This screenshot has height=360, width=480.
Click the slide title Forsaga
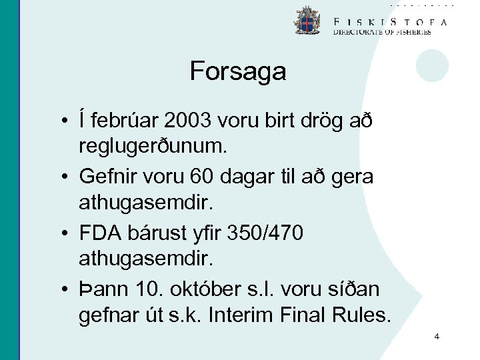[x=237, y=71]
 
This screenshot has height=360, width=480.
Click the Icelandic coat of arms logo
[x=307, y=21]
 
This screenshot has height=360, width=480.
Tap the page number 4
[x=437, y=337]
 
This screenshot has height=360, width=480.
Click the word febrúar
[x=127, y=121]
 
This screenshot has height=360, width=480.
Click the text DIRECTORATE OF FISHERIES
[x=382, y=31]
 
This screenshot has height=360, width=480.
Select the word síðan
[x=357, y=289]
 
